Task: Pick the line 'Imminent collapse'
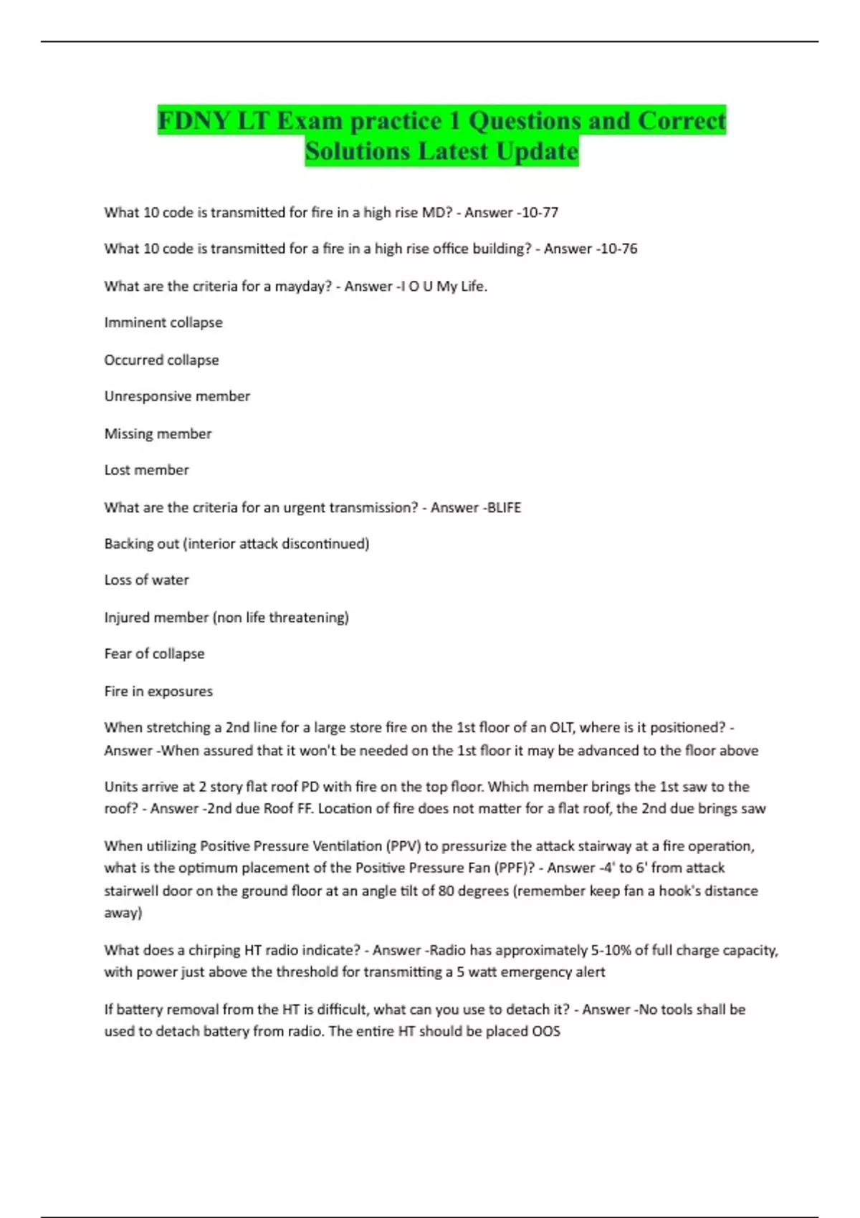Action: (163, 323)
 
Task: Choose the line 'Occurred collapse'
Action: (161, 360)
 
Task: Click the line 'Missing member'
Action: (158, 434)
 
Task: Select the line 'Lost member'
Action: (146, 471)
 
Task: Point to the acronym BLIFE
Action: (504, 508)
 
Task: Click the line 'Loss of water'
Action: (146, 580)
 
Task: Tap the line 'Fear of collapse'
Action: (154, 654)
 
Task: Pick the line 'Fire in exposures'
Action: (158, 691)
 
